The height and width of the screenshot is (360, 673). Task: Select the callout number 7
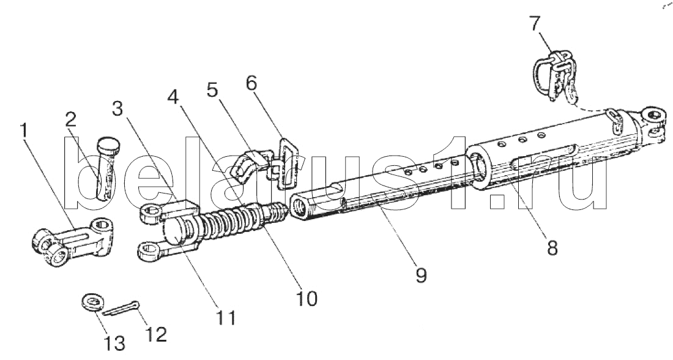click(535, 25)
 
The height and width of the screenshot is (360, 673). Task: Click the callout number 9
click(421, 274)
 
